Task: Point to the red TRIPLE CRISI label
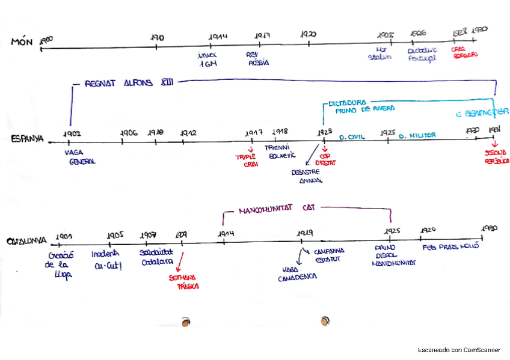pos(245,160)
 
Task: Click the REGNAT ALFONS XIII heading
pos(128,83)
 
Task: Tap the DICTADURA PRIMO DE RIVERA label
pos(361,106)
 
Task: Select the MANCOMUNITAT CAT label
pos(277,209)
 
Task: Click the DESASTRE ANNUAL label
pos(306,175)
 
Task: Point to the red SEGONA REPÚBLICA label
pos(496,157)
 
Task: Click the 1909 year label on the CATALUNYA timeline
pos(183,235)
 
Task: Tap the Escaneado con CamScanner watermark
pos(459,350)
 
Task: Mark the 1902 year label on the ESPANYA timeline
pos(72,133)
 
